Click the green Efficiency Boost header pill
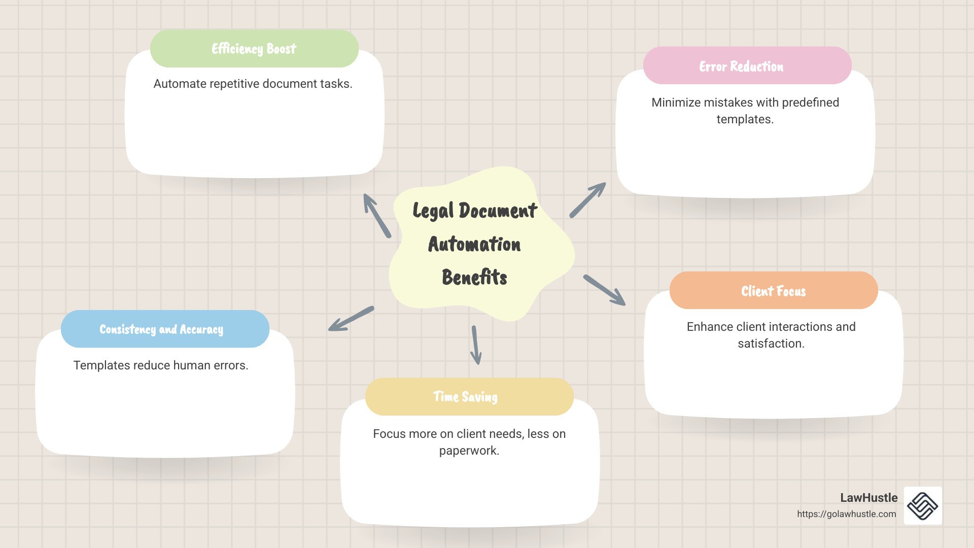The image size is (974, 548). click(x=254, y=48)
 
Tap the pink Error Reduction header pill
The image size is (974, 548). click(x=747, y=65)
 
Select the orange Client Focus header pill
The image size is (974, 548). click(x=774, y=290)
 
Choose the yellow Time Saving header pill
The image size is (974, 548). click(x=469, y=397)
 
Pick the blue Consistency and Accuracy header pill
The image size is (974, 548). click(x=165, y=329)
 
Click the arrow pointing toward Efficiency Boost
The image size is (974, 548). click(x=377, y=216)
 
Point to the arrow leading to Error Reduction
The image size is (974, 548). click(x=587, y=200)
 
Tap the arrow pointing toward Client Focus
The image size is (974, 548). click(x=604, y=290)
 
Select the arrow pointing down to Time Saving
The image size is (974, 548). click(x=476, y=345)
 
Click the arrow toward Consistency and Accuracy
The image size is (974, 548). click(x=351, y=319)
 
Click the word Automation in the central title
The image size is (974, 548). click(x=474, y=244)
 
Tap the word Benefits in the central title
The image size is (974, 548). click(x=474, y=277)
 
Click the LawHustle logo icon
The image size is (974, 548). click(x=923, y=505)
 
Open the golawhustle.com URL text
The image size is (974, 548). click(x=847, y=514)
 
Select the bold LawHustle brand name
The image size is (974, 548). click(x=869, y=498)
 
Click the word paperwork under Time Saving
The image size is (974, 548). click(x=469, y=451)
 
